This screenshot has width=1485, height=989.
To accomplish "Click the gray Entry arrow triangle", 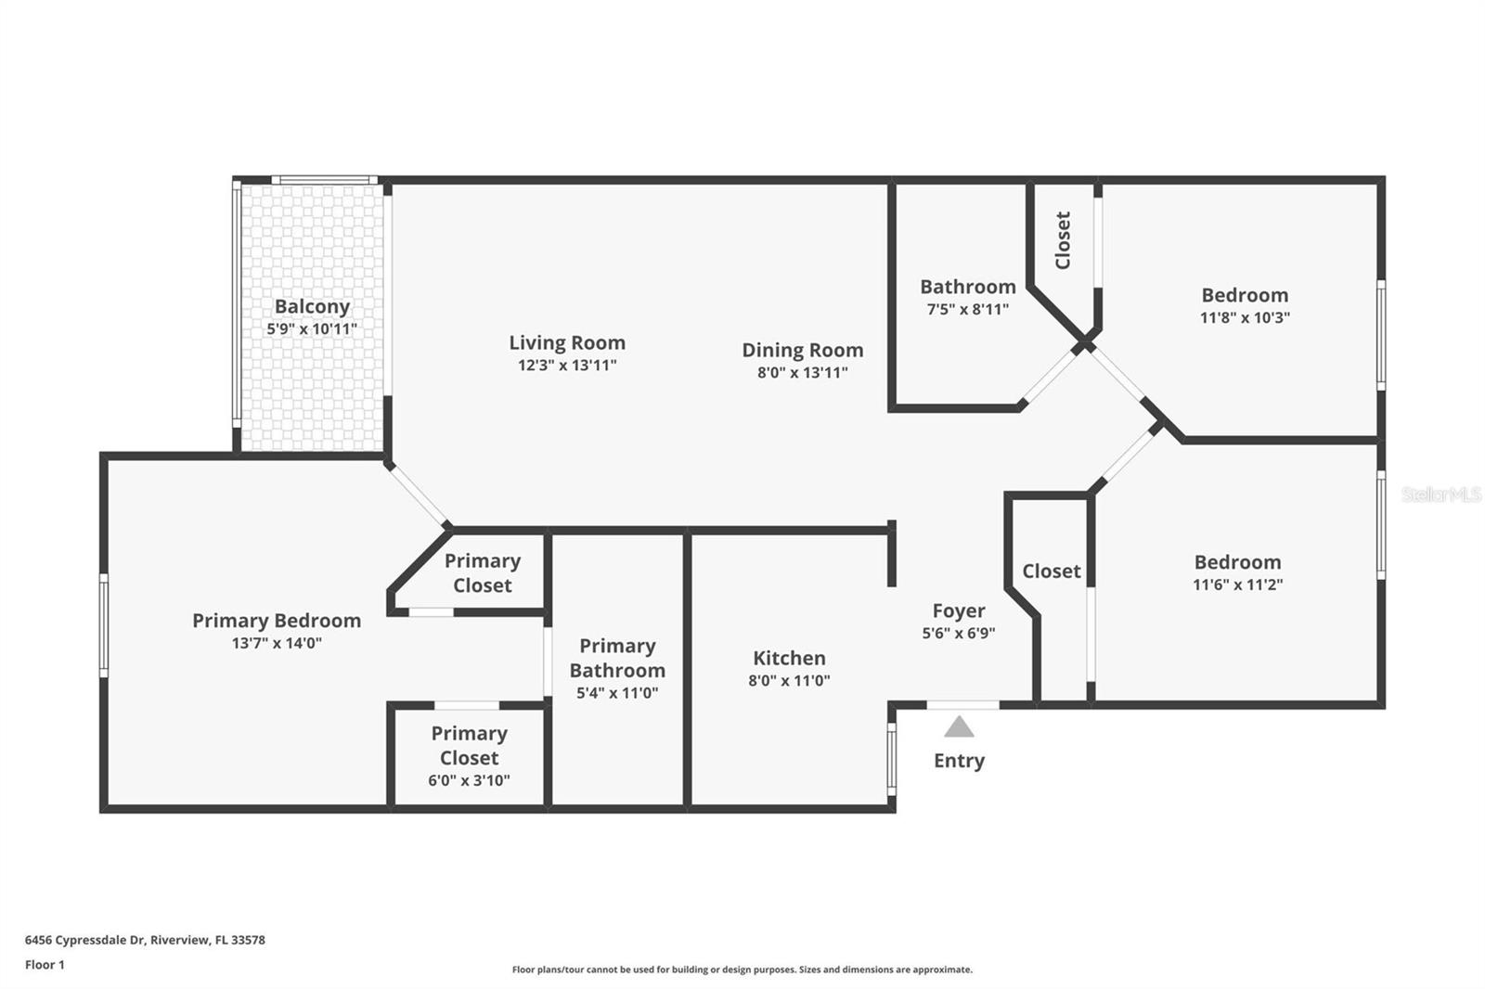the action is pos(959,727).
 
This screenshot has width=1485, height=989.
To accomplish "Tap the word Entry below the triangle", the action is pos(959,761).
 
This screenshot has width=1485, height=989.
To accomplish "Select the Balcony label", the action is pos(312,307).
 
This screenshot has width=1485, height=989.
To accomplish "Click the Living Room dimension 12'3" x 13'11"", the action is pos(567,366).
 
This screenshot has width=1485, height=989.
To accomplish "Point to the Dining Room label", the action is pos(802,350).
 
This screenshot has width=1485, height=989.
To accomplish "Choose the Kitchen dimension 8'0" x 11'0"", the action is pos(789,681).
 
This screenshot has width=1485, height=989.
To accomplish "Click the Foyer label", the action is pos(959,611).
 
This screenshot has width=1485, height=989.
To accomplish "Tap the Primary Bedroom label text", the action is pos(277,621).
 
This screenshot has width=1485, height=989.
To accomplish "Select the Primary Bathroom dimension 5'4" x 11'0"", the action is pos(617,693).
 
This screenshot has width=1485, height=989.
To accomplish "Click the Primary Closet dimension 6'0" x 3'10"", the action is pos(469,781).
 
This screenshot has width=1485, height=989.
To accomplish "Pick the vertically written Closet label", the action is pos(1063,240).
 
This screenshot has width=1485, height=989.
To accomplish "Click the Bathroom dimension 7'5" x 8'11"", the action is pos(968,309).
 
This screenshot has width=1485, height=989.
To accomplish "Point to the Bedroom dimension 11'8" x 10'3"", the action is pos(1245,317).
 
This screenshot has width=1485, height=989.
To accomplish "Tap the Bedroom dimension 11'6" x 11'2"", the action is pos(1238,584).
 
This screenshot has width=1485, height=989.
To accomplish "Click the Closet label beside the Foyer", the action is pos(1052,572).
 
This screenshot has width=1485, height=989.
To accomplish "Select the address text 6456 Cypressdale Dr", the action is pos(84,940).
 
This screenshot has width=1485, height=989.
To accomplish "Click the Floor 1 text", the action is pos(45,965).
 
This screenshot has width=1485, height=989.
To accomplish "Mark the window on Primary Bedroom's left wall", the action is pos(103,625).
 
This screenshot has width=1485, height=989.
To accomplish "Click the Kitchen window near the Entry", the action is pos(892,759).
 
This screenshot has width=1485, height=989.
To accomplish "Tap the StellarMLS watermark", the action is pos(1440,494).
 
